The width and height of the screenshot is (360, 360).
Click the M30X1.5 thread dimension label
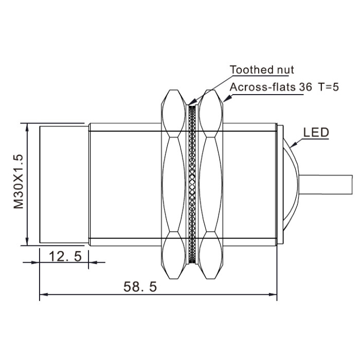(x=19, y=182)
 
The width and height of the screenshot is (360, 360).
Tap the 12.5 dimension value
(x=65, y=256)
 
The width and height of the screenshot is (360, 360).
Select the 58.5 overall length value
(x=140, y=286)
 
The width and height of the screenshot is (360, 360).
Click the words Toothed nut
(x=262, y=70)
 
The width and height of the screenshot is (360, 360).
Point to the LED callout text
(x=316, y=133)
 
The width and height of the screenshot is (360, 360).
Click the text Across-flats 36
(x=271, y=87)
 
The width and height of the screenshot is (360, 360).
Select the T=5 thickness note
(x=328, y=87)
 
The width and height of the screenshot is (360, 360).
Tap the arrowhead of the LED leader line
(x=293, y=145)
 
